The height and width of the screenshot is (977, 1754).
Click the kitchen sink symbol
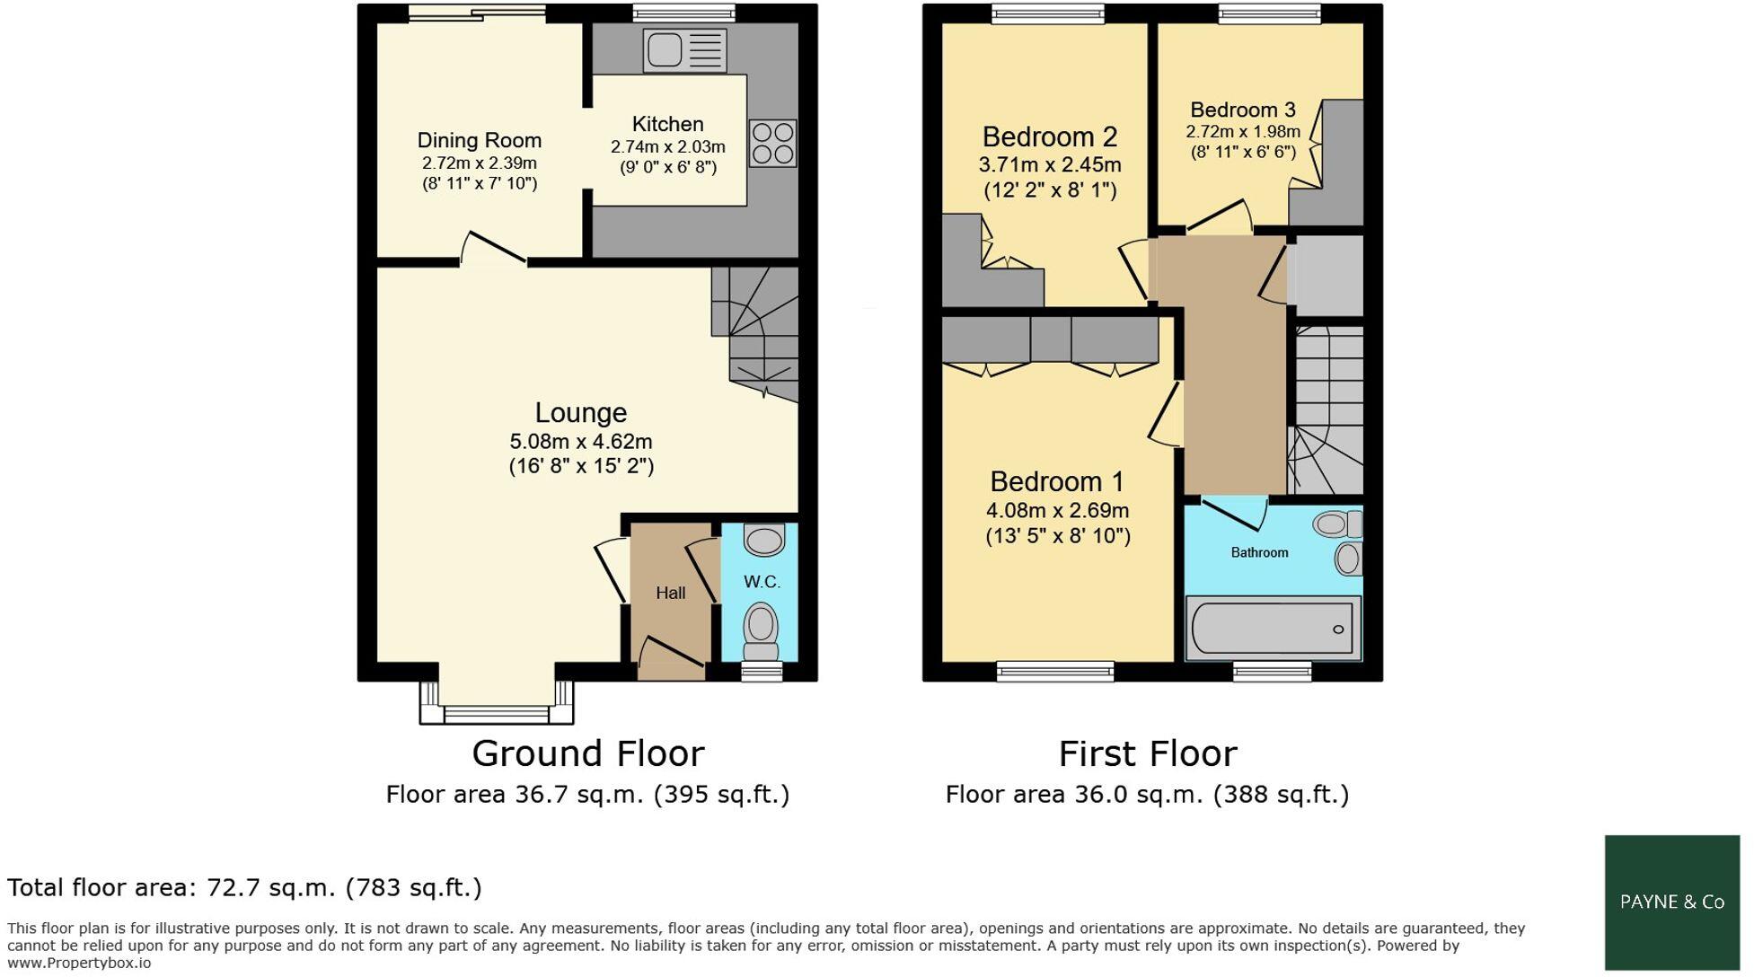click(684, 50)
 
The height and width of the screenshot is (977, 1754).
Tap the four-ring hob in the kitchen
click(772, 144)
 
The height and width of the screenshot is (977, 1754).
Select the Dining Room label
click(479, 140)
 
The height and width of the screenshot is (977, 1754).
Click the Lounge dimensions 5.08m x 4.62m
click(580, 442)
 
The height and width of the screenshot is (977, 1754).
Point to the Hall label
click(670, 593)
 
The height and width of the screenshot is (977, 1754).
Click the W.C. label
click(762, 582)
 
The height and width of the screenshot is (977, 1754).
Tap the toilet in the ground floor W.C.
click(762, 629)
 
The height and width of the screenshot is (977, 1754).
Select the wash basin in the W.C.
click(764, 541)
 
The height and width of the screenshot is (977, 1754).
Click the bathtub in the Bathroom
click(1273, 629)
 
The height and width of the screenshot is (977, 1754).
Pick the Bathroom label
click(1259, 552)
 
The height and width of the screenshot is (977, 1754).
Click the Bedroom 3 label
click(1242, 110)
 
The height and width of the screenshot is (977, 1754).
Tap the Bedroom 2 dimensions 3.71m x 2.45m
click(1049, 165)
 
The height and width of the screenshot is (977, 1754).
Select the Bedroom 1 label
click(1057, 482)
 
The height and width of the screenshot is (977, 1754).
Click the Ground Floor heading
click(587, 753)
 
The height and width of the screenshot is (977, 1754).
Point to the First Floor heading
click(1147, 753)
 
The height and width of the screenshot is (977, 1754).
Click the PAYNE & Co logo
click(1671, 902)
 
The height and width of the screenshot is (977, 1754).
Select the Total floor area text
click(244, 887)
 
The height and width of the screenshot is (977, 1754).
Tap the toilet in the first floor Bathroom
click(1336, 524)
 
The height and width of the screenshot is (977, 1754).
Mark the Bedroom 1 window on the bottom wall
click(1054, 671)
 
